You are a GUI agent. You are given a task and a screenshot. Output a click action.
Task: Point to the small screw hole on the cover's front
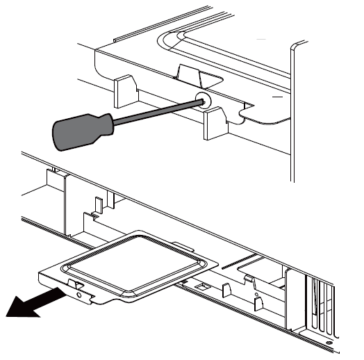(x=78, y=294)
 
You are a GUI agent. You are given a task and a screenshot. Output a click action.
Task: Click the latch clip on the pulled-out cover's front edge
(x=75, y=284)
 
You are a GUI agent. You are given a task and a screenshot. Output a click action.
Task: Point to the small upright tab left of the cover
(x=99, y=206)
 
